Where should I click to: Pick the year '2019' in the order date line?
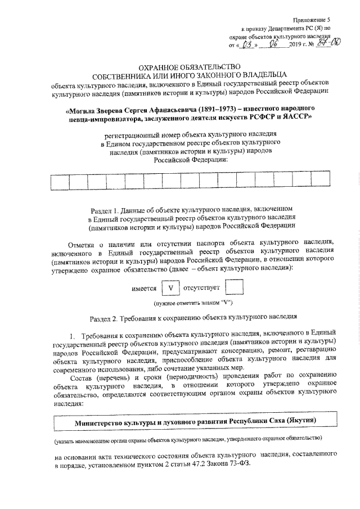[x=298, y=44]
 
